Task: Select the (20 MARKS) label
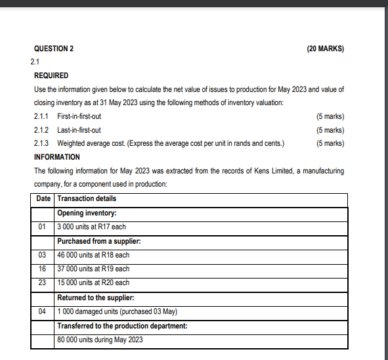point(325,49)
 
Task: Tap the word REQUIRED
point(51,76)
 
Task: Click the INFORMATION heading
point(56,157)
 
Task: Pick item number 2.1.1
point(41,116)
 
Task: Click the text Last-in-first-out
point(79,130)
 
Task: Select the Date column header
point(43,198)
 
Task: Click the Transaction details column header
point(87,198)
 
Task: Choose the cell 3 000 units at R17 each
point(92,227)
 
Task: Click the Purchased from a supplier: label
point(99,241)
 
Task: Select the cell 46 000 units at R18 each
point(93,255)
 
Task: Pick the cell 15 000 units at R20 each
point(93,282)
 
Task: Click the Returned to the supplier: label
point(97,297)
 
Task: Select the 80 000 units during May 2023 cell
point(100,340)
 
